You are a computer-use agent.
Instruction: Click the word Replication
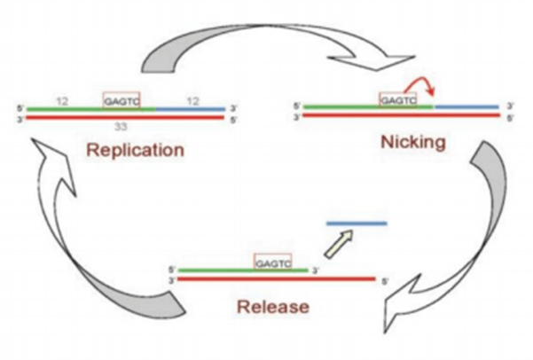134,149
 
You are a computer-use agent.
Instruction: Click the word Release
272,308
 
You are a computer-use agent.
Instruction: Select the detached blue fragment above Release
357,223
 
